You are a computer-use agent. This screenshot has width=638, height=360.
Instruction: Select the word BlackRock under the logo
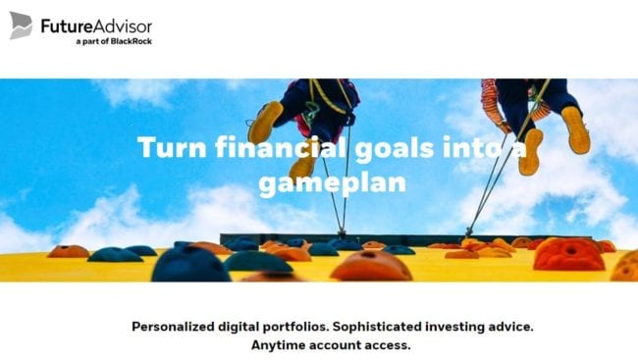tap(130, 41)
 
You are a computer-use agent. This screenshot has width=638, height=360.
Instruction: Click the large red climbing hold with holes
tap(568, 254)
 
